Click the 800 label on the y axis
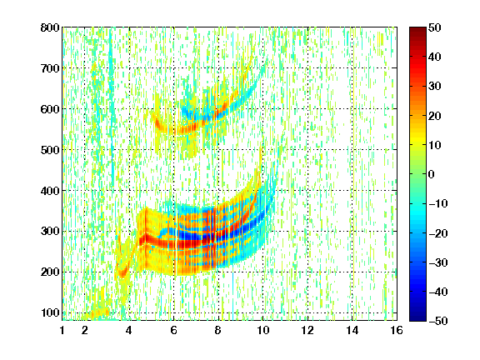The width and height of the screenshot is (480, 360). coord(50,27)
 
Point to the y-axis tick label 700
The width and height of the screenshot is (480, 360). coord(50,68)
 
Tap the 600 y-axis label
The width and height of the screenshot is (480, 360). coord(50,109)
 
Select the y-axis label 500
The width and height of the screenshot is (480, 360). coord(50,150)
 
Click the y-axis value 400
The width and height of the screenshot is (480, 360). coord(50,191)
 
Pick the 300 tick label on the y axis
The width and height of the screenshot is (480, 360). coord(50,232)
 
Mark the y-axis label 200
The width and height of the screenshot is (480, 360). coord(50,272)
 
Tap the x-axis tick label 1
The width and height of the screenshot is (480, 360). coord(62,330)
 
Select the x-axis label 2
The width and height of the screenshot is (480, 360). coord(85,330)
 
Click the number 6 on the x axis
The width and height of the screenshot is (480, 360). coord(174,330)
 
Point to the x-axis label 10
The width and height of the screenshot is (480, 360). coord(263,330)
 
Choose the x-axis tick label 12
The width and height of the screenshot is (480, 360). coord(307,330)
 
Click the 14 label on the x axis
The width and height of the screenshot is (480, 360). coord(352,330)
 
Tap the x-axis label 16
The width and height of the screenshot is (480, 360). coord(397,330)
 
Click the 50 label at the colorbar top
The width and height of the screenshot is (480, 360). coord(435,27)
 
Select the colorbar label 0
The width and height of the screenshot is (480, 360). coord(432,174)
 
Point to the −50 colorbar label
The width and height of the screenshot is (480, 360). coord(438,321)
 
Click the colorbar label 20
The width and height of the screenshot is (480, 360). coord(435,116)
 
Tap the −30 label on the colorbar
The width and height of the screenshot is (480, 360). coord(438,262)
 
